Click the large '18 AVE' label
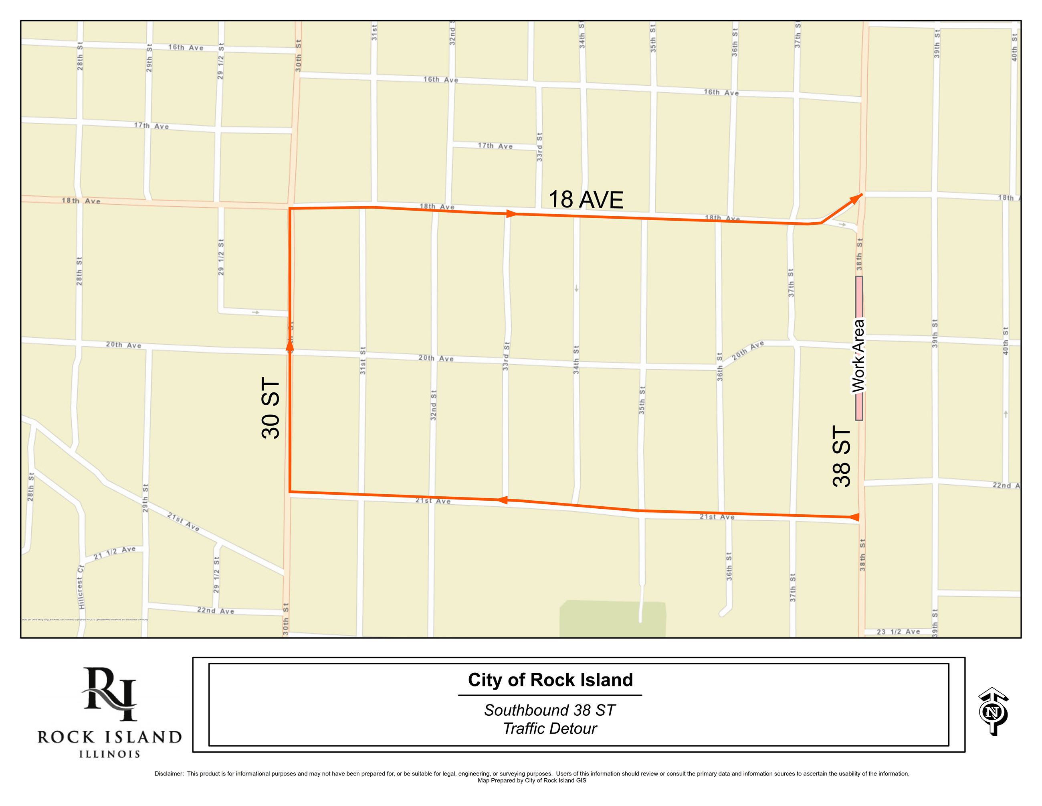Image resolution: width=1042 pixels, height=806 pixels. (x=586, y=199)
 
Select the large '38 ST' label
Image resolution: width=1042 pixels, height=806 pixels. (x=842, y=457)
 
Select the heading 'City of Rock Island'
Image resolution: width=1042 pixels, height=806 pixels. (x=550, y=680)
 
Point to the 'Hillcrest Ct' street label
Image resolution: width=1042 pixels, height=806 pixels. (x=81, y=592)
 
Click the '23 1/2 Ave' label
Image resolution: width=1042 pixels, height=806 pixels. (x=899, y=632)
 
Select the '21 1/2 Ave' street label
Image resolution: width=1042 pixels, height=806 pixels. (x=115, y=552)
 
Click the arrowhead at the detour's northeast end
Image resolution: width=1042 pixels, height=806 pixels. (x=857, y=198)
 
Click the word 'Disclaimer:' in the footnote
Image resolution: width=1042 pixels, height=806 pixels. (x=169, y=774)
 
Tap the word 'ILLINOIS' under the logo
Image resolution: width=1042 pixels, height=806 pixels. (x=110, y=754)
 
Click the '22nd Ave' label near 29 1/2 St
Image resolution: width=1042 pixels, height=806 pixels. (x=216, y=610)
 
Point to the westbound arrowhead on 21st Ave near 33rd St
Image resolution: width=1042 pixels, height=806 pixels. (x=502, y=500)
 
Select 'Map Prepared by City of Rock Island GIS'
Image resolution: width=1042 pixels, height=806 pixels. (x=531, y=781)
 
